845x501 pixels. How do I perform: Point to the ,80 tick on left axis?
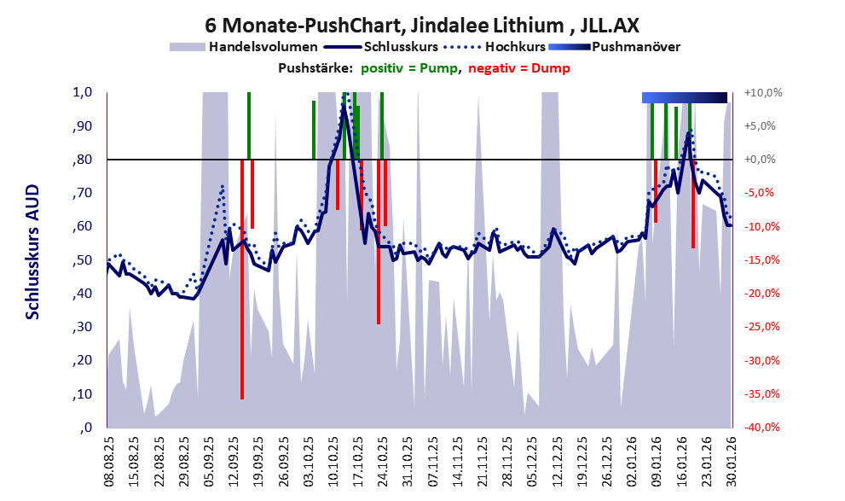[84, 160]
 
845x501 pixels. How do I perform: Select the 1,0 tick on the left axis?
[84, 92]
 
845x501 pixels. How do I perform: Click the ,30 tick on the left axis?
[84, 328]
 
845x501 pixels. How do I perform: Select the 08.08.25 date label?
[109, 461]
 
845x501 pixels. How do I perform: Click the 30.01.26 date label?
[731, 461]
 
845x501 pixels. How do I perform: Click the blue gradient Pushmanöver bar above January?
[684, 97]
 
